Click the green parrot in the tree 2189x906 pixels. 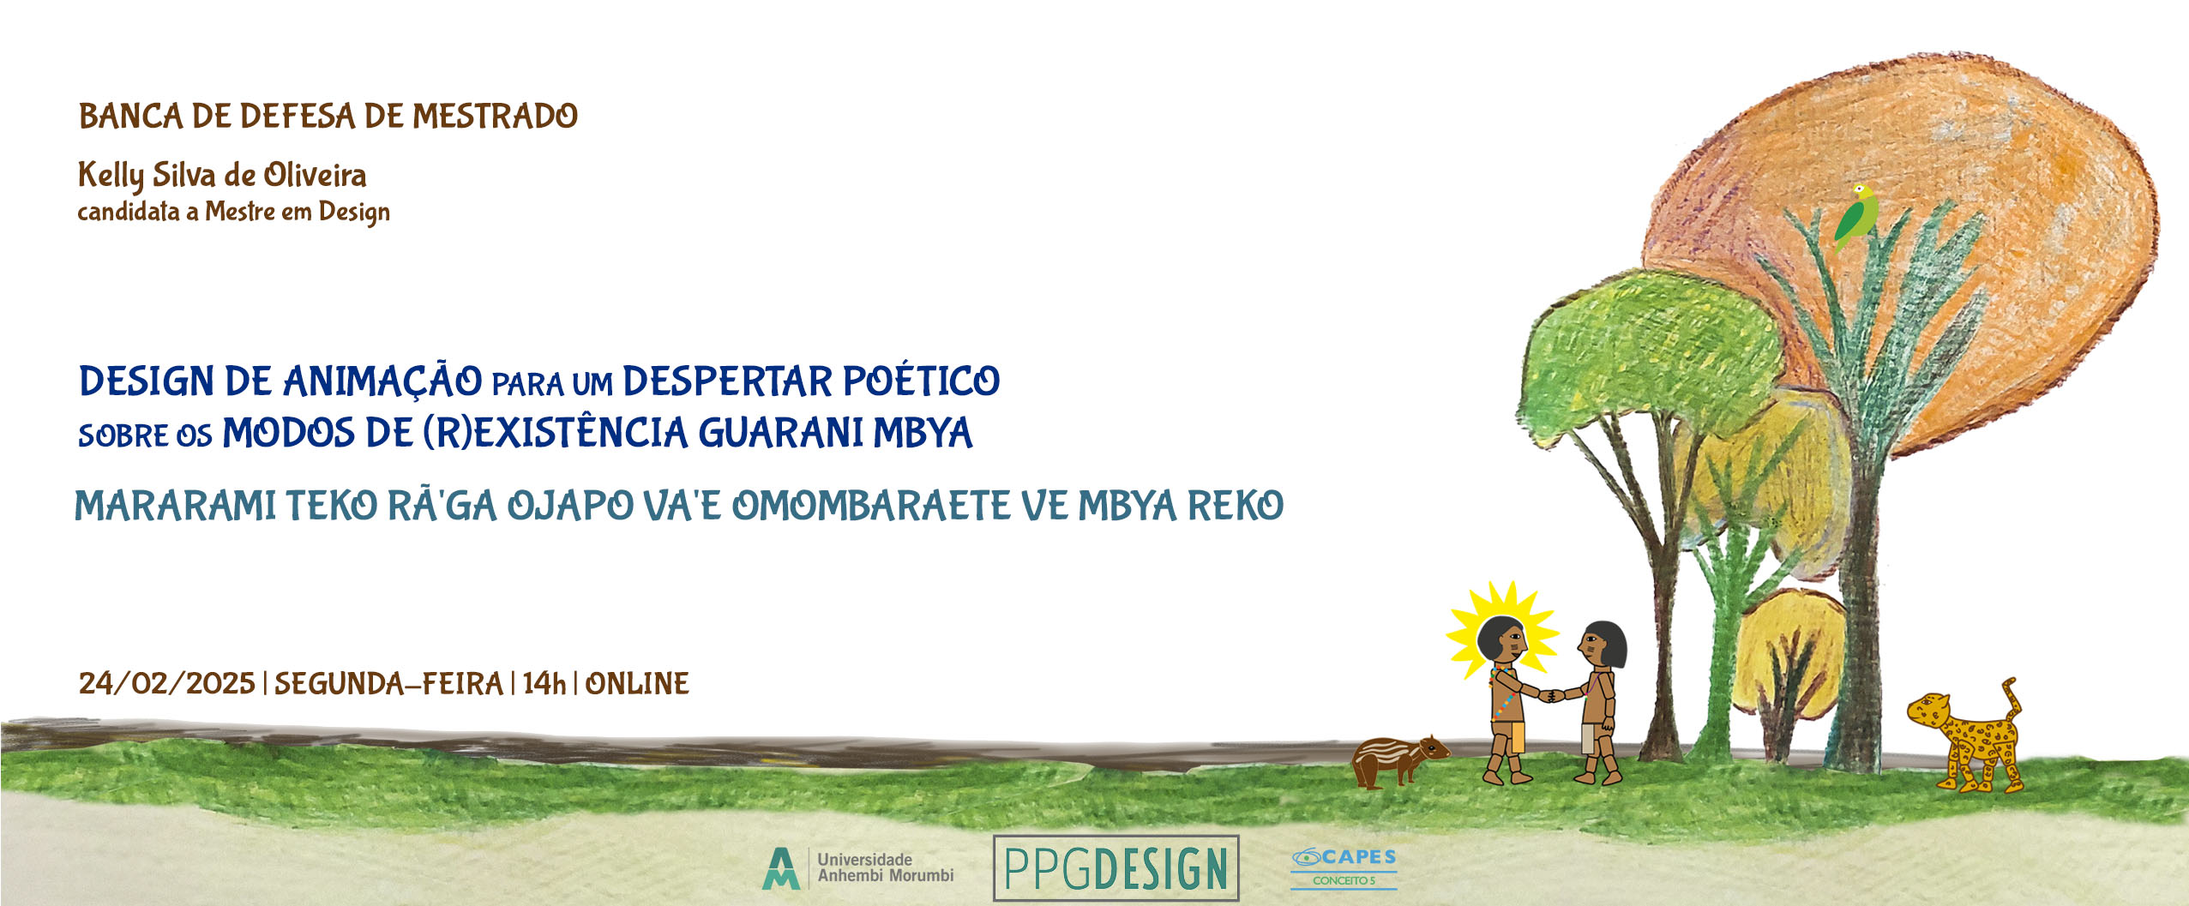(1856, 215)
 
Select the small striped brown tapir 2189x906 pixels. (1398, 760)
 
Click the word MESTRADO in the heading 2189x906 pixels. (495, 116)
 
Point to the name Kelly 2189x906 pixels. (111, 176)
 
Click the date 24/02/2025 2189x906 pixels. (167, 683)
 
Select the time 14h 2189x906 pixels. (544, 683)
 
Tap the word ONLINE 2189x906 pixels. (637, 683)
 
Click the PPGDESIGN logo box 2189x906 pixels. (1116, 867)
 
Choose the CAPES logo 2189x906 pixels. (1344, 867)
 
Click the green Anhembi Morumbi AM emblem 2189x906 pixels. (780, 868)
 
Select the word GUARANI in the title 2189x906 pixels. (781, 433)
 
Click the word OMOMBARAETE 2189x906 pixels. (871, 506)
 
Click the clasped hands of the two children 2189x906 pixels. (1550, 695)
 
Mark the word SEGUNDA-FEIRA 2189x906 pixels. (388, 683)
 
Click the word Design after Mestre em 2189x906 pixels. (354, 212)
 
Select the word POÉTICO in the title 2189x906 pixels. (921, 381)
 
